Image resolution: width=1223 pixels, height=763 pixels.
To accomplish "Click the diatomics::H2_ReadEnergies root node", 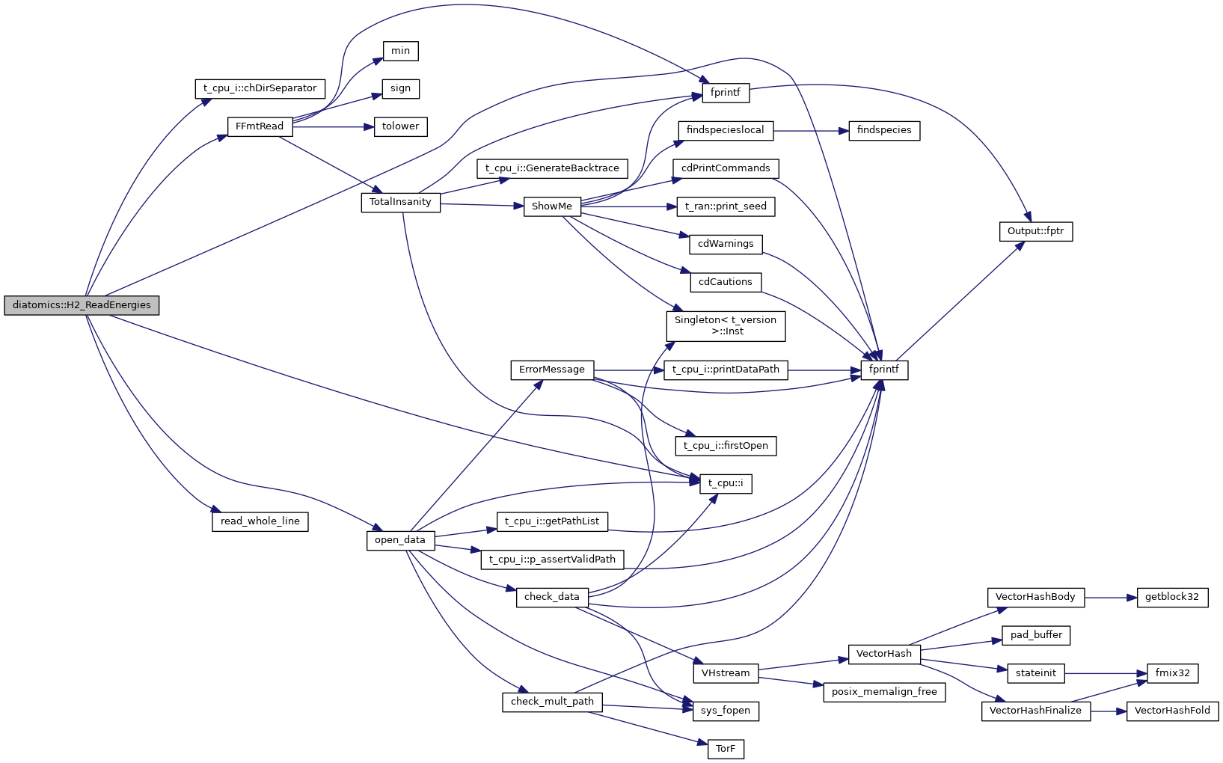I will point(82,305).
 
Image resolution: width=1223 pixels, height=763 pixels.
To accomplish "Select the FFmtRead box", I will point(260,126).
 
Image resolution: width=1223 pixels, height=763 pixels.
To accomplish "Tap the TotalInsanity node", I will point(400,202).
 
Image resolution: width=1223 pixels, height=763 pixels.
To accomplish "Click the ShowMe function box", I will point(552,206).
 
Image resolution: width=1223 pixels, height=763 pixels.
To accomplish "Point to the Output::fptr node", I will point(1035,231).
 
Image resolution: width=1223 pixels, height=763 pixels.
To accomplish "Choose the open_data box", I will point(400,540).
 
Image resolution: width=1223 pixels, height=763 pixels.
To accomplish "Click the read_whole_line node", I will point(260,521).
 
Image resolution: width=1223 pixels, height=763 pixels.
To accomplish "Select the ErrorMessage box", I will point(552,370).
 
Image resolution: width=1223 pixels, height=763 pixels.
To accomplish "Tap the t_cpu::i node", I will point(726,483).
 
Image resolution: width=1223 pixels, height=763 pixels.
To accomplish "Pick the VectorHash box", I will point(883,654).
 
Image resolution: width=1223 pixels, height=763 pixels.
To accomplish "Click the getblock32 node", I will point(1171,597).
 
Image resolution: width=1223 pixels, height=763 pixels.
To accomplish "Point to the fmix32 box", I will point(1172,673).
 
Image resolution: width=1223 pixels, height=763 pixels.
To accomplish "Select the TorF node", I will point(726,749).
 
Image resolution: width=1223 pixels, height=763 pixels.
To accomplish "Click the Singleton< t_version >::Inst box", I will point(726,325).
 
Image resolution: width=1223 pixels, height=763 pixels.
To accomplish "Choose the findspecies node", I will point(883,130).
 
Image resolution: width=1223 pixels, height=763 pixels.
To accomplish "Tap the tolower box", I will point(400,126).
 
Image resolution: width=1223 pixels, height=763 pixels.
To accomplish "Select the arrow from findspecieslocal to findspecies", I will point(811,131).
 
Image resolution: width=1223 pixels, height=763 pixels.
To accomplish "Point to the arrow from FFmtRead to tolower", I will point(333,127).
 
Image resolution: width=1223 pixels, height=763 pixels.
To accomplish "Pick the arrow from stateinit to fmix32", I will point(1106,673).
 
